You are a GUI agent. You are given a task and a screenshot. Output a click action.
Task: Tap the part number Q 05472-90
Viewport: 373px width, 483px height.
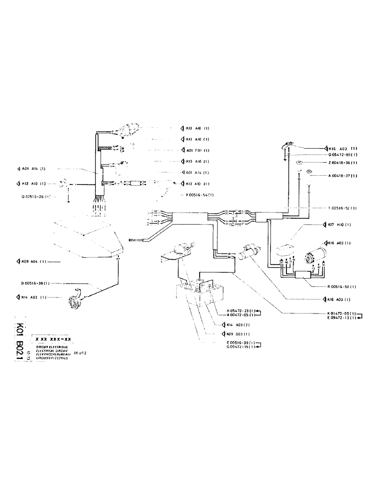pyautogui.click(x=335, y=155)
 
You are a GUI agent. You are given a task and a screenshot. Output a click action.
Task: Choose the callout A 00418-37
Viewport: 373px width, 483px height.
pyautogui.click(x=335, y=175)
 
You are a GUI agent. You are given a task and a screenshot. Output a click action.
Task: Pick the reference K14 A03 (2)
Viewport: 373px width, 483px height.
pyautogui.click(x=235, y=325)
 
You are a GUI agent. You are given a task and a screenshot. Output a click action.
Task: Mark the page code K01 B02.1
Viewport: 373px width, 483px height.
pyautogui.click(x=20, y=341)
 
